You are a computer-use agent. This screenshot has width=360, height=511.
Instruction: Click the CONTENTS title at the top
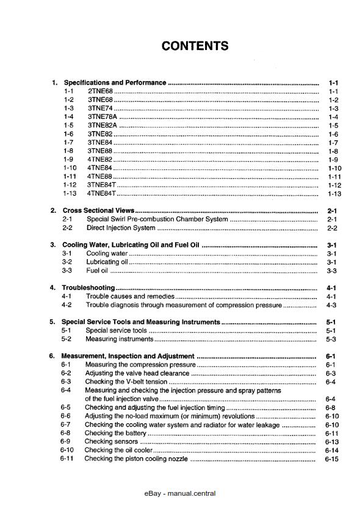pyautogui.click(x=195, y=46)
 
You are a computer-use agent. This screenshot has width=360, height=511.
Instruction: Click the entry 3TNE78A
pyautogui.click(x=103, y=116)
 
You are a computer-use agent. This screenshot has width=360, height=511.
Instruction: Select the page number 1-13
pyautogui.click(x=333, y=193)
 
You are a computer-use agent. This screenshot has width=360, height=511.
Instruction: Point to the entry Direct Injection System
pyautogui.click(x=121, y=228)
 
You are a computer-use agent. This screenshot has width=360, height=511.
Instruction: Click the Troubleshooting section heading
pyautogui.click(x=88, y=287)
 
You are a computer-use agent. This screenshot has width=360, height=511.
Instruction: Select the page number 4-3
pyautogui.click(x=333, y=305)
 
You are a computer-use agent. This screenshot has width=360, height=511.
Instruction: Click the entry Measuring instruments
pyautogui.click(x=110, y=339)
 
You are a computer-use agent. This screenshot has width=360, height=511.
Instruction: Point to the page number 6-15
pyautogui.click(x=332, y=459)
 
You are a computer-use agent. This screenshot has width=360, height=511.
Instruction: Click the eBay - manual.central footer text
pyautogui.click(x=180, y=493)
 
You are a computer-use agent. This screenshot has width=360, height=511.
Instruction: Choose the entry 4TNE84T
pyautogui.click(x=101, y=193)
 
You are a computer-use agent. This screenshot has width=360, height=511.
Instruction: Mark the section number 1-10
pyautogui.click(x=70, y=168)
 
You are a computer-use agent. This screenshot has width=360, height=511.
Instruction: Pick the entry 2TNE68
pyautogui.click(x=100, y=91)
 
